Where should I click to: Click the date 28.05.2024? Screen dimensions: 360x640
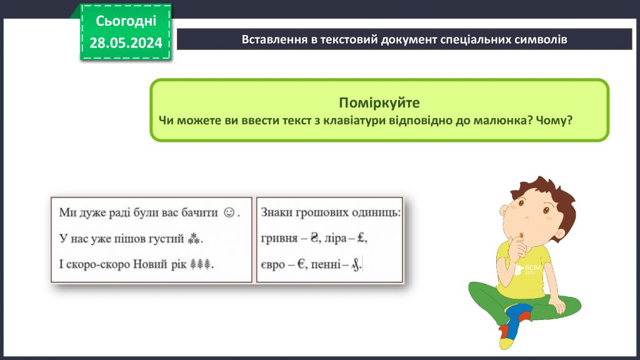coord(126,42)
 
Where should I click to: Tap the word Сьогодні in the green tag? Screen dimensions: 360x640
coord(126,21)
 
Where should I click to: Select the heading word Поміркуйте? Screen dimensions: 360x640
coord(379,102)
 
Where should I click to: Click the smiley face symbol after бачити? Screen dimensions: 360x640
coord(229,212)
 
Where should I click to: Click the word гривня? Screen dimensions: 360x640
coord(278,239)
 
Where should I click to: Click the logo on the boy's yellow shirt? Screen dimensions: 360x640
coord(524,269)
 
